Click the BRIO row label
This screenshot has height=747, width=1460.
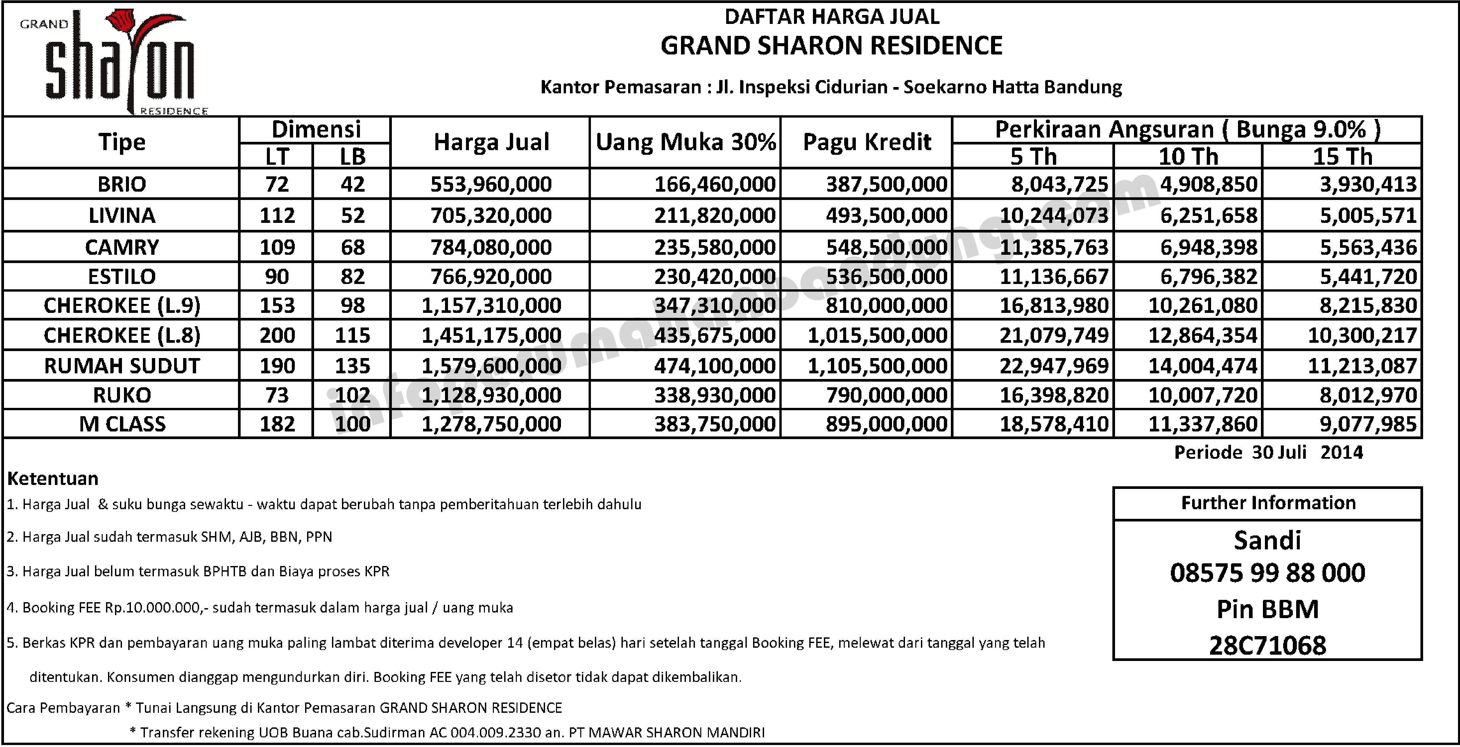pos(122,184)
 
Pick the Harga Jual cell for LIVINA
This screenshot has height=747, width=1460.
pos(491,215)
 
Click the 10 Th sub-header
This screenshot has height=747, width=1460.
pos(1188,157)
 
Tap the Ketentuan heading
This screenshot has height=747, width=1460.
pos(53,479)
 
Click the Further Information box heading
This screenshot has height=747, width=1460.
pos(1268,503)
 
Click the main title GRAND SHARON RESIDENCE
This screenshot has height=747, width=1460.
pos(832,45)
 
